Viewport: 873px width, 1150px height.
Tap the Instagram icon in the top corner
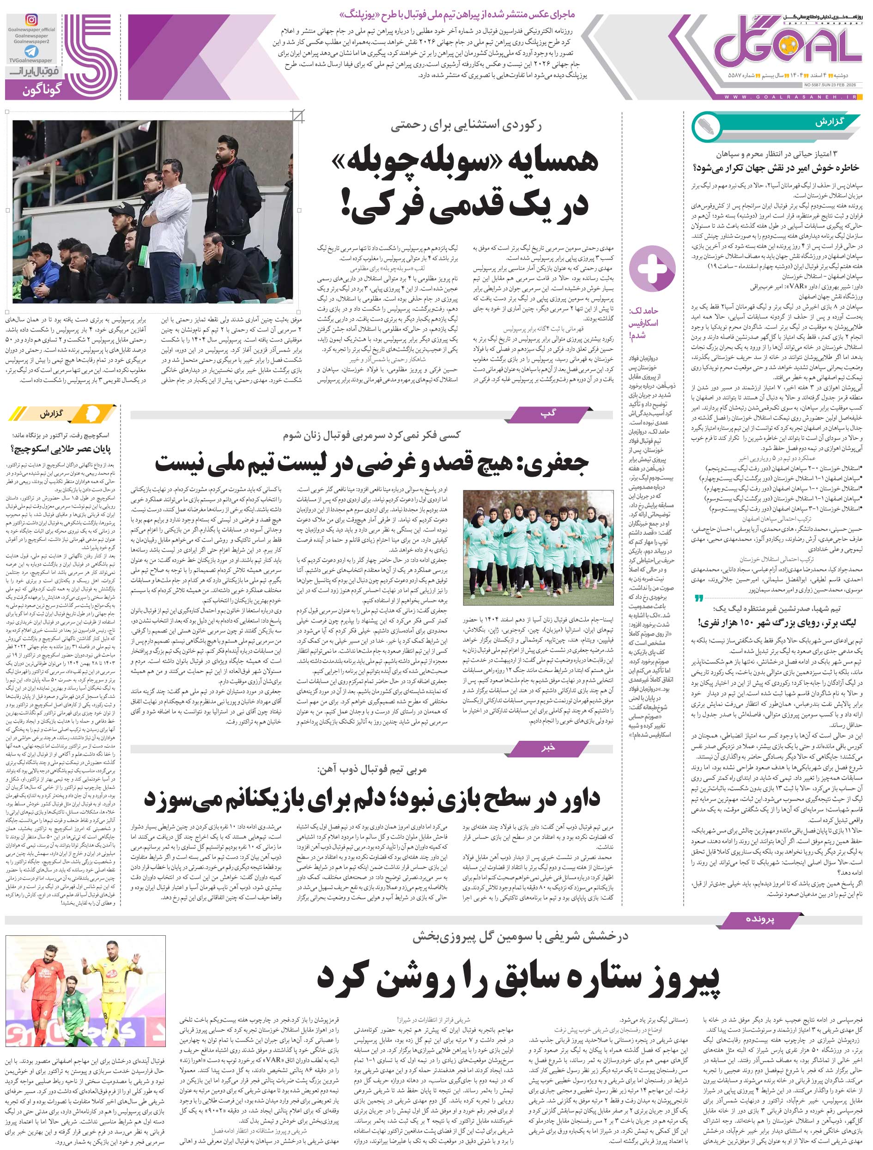[32, 20]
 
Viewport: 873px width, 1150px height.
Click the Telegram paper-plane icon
[31, 51]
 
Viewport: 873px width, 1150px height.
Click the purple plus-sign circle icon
[652, 269]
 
